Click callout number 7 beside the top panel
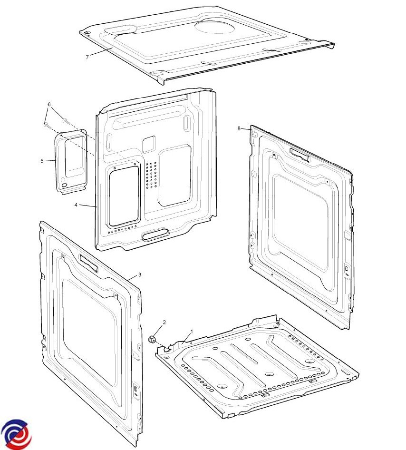pyautogui.click(x=87, y=57)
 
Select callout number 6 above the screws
pyautogui.click(x=49, y=105)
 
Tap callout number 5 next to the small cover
pyautogui.click(x=42, y=161)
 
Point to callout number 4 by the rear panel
pyautogui.click(x=76, y=205)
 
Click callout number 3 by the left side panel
pyautogui.click(x=140, y=274)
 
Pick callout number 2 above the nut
pyautogui.click(x=164, y=323)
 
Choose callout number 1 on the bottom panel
pyautogui.click(x=192, y=332)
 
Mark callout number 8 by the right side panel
pyautogui.click(x=239, y=128)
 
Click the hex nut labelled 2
pyautogui.click(x=152, y=340)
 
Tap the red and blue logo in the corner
pyautogui.click(x=17, y=434)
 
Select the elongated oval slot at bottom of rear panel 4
pyautogui.click(x=155, y=235)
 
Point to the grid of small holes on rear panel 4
pyautogui.click(x=151, y=175)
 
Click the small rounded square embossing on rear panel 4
pyautogui.click(x=149, y=144)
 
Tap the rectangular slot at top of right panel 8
pyautogui.click(x=300, y=155)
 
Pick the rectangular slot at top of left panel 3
pyautogui.click(x=88, y=263)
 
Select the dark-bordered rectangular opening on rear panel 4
pyautogui.click(x=124, y=196)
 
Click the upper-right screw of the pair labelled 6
pyautogui.click(x=66, y=121)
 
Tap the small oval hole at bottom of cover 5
pyautogui.click(x=64, y=186)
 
